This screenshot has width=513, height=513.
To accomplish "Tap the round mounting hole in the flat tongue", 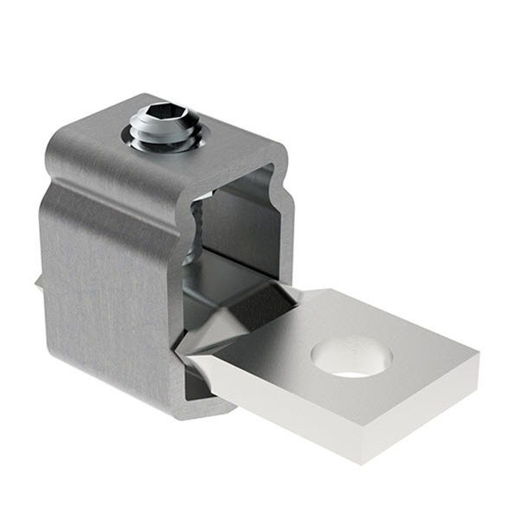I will coord(351,357).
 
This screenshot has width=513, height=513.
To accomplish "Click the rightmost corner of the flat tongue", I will coord(478,355).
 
